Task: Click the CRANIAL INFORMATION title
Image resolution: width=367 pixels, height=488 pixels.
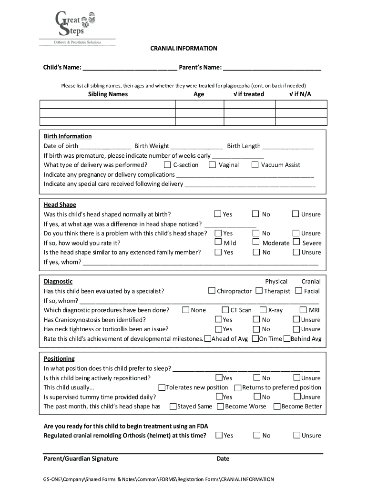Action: [x=183, y=49]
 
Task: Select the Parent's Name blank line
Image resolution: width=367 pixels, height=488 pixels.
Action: [x=272, y=68]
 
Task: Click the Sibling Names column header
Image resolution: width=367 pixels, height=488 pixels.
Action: [x=108, y=94]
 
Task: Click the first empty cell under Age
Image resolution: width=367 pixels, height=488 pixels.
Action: [x=199, y=104]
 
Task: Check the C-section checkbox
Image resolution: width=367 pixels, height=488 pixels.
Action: [x=167, y=165]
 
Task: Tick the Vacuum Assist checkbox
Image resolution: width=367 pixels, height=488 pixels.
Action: [x=255, y=165]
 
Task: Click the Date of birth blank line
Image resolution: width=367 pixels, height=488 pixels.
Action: [x=106, y=146]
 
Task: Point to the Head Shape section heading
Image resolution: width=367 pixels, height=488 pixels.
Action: [x=60, y=205]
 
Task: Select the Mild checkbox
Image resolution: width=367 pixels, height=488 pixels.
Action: [x=218, y=243]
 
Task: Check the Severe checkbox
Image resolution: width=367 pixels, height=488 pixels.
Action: [x=296, y=243]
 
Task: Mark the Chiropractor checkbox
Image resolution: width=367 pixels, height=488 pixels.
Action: [x=212, y=291]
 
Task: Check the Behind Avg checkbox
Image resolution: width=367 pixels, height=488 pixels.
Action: [x=286, y=339]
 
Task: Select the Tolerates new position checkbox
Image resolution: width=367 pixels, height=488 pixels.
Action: [x=162, y=387]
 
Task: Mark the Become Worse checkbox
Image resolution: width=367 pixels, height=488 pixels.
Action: [x=220, y=407]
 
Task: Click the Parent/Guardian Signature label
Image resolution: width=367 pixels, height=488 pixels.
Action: [x=81, y=459]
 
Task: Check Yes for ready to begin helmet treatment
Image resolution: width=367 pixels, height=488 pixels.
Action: [x=218, y=435]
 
